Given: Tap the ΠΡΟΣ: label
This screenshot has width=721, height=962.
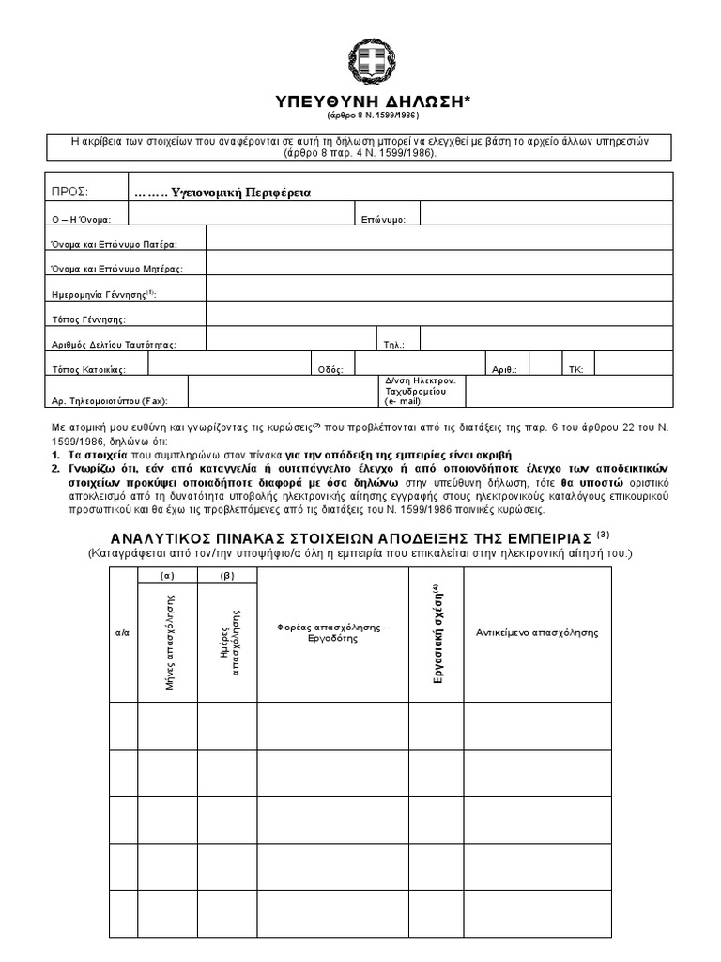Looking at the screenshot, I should [x=69, y=193].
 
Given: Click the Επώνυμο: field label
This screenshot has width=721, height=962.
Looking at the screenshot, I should [x=383, y=219].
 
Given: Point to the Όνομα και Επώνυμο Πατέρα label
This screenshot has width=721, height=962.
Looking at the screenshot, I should [x=114, y=244].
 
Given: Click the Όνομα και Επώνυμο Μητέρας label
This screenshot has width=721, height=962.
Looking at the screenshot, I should [x=116, y=269].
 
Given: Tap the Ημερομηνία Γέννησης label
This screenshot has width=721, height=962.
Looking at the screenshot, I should [x=103, y=294].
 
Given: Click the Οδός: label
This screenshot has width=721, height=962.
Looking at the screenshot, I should [x=331, y=370].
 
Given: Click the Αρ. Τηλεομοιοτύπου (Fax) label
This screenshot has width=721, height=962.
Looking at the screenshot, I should [x=109, y=401].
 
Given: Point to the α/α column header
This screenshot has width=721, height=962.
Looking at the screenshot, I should [x=122, y=633].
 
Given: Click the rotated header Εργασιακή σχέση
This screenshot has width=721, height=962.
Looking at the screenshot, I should [x=437, y=632].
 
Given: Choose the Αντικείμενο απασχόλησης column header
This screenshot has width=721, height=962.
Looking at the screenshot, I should [x=537, y=632].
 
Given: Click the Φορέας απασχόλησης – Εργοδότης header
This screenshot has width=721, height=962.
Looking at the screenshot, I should [x=333, y=632].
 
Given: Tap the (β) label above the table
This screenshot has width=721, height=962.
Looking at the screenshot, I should [x=226, y=575].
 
